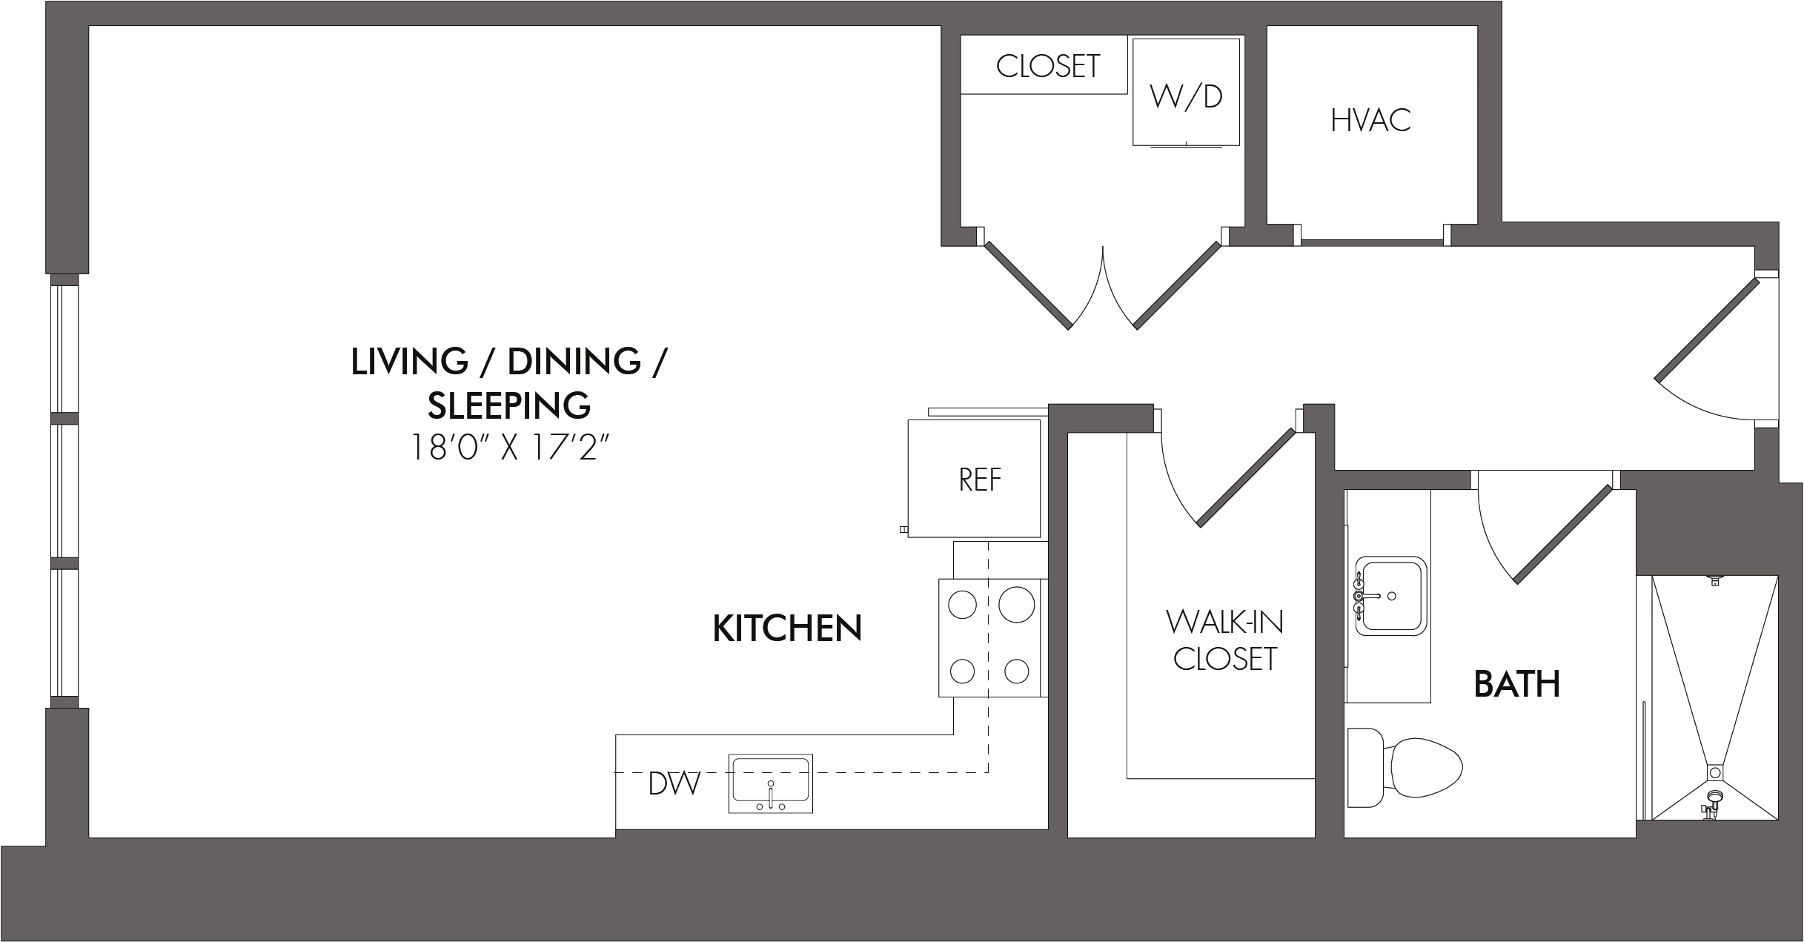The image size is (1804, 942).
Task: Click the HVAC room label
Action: click(x=1370, y=121)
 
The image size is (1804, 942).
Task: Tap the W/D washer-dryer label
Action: click(x=1186, y=96)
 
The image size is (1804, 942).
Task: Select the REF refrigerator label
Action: click(x=980, y=480)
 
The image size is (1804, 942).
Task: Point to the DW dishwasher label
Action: click(x=674, y=783)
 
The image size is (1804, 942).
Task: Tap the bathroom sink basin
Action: click(x=1390, y=596)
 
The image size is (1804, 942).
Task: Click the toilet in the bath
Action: click(x=1405, y=768)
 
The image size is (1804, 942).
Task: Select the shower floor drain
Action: click(x=1715, y=772)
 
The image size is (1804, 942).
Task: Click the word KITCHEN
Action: click(x=787, y=628)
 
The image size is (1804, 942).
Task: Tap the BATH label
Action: click(x=1517, y=684)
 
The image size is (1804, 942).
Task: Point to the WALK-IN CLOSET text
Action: click(x=1225, y=640)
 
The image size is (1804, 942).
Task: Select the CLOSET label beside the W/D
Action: click(x=1048, y=67)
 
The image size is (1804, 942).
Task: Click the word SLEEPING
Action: click(x=509, y=405)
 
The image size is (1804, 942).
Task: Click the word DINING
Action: click(x=574, y=362)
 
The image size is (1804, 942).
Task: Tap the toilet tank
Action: click(x=1365, y=768)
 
